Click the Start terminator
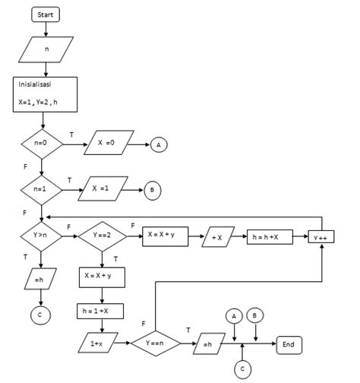tap(46, 14)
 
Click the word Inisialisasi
tap(36, 85)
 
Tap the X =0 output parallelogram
tap(105, 142)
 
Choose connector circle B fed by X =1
tap(151, 189)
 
